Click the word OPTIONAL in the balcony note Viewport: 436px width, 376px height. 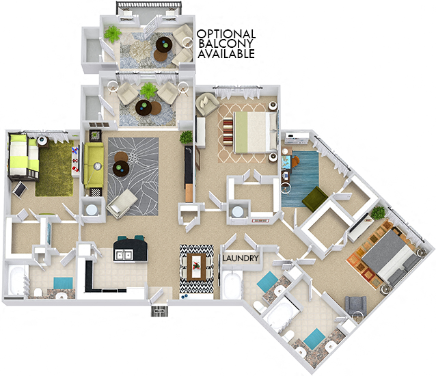[x=226, y=34]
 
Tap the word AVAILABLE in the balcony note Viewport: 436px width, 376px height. [x=226, y=54]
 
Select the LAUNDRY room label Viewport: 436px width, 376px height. [x=241, y=258]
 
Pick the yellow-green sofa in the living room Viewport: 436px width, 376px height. [x=94, y=166]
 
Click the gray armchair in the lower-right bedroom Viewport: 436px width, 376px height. [x=356, y=306]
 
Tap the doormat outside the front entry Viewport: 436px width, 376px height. [x=159, y=312]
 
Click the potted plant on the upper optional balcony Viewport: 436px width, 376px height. [x=112, y=32]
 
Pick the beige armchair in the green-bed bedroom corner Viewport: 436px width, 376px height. [x=206, y=105]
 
